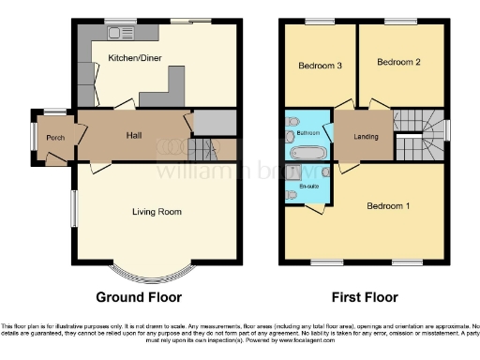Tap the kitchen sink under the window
coord(120,33)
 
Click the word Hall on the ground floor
coord(134,135)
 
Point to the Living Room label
coord(157,212)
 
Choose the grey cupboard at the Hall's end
coord(214,122)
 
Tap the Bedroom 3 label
coord(320,67)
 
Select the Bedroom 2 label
coord(397,62)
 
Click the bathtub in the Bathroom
coord(308,152)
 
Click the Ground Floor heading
coord(138,297)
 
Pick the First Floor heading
coord(364,297)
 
